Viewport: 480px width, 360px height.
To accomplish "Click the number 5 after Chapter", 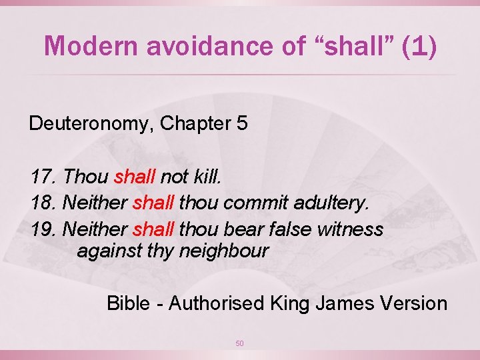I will click(x=241, y=124).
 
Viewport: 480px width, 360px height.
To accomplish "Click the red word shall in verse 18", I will click(x=154, y=203).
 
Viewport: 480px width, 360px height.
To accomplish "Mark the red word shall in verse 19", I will click(x=154, y=230).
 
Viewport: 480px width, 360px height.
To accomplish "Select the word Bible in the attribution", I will click(x=129, y=303).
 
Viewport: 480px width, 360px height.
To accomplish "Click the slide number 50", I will click(x=240, y=343).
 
